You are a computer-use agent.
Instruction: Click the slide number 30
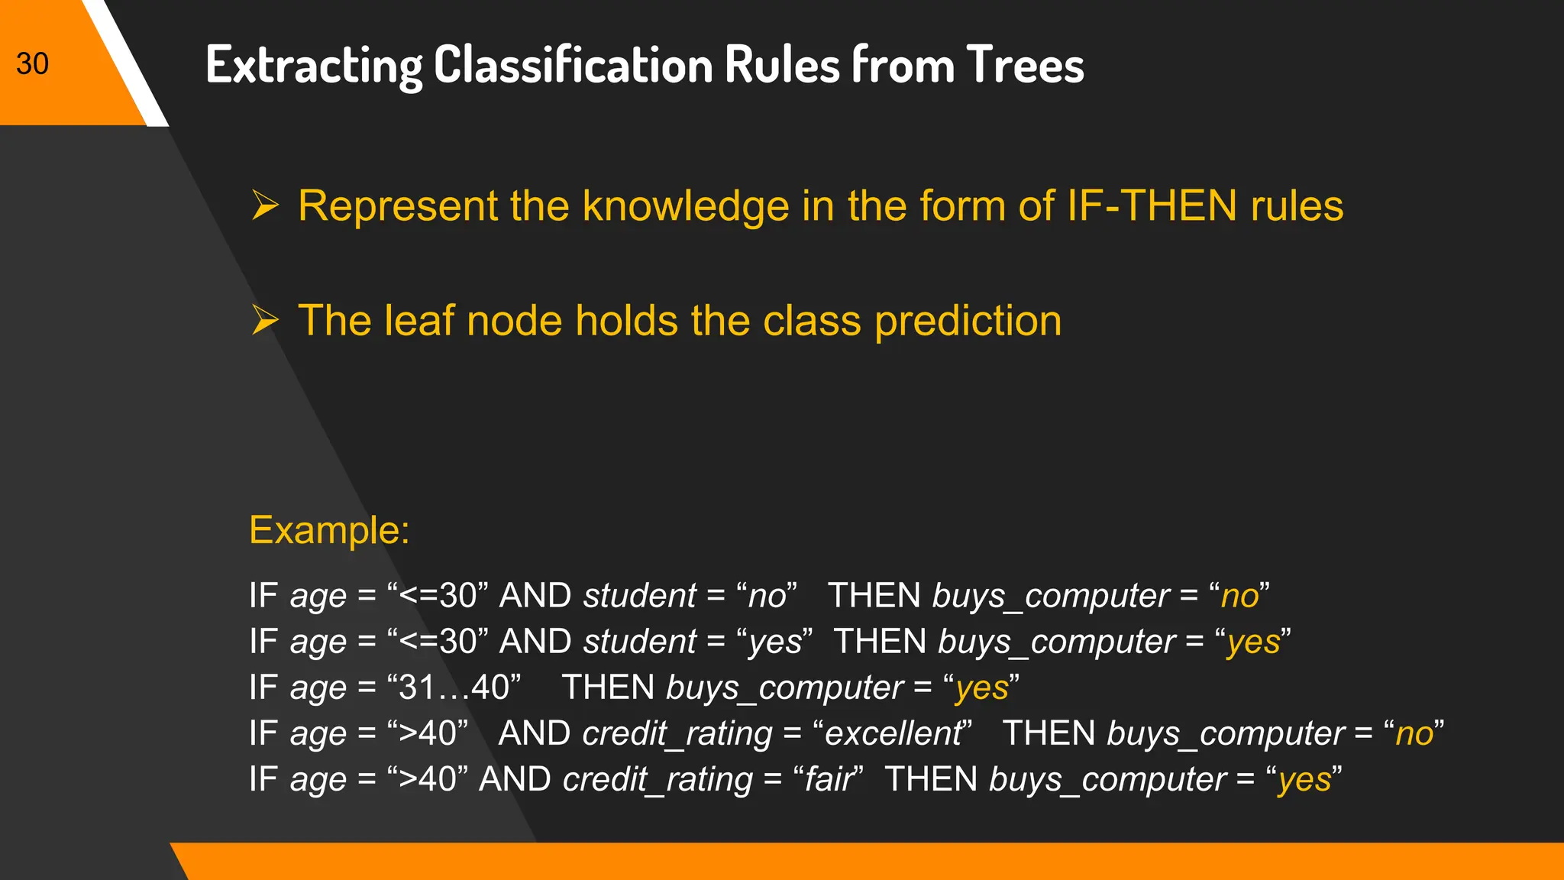32,63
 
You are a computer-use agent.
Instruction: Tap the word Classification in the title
573,65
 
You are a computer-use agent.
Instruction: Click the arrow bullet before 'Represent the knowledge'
265,205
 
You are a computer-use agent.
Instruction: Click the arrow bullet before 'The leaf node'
265,320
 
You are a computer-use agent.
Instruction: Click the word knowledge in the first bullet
685,207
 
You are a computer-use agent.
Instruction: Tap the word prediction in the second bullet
968,322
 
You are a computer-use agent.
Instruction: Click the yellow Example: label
329,529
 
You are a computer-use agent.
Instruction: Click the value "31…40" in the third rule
454,687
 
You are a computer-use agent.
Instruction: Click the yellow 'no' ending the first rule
1239,596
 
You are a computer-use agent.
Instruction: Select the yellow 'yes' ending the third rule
981,688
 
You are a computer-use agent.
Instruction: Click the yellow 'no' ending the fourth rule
1414,733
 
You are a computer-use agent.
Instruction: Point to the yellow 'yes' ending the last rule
1304,780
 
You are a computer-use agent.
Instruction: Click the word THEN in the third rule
608,687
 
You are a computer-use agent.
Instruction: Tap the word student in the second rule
640,642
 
